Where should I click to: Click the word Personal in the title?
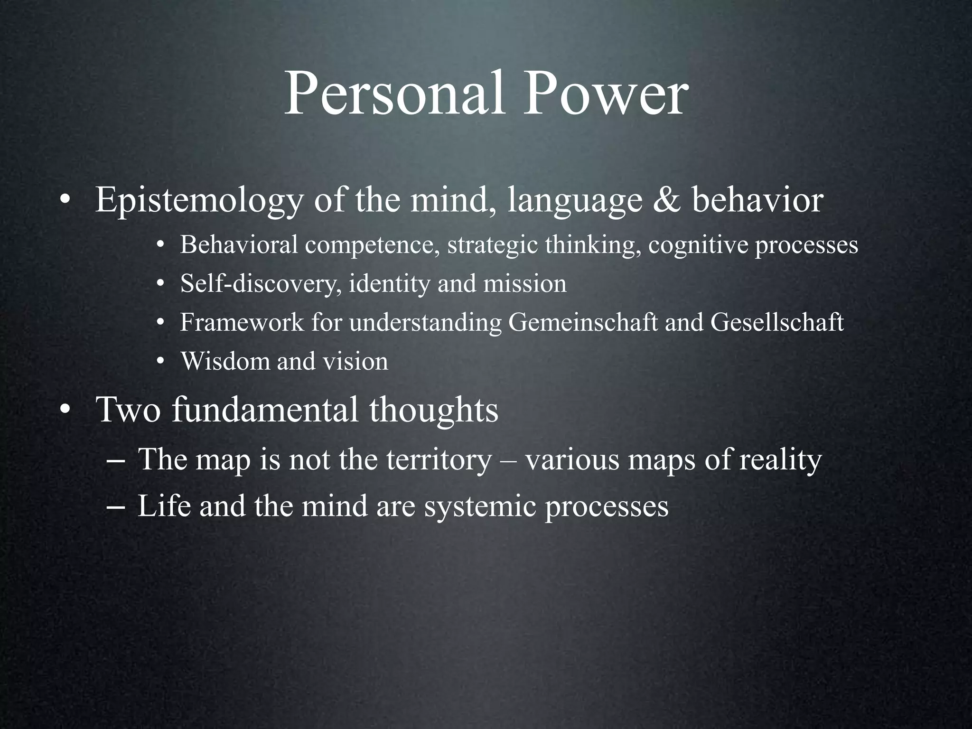394,94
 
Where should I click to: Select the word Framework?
242,322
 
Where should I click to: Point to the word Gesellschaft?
777,322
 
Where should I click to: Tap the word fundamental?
265,409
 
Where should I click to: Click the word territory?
439,460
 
